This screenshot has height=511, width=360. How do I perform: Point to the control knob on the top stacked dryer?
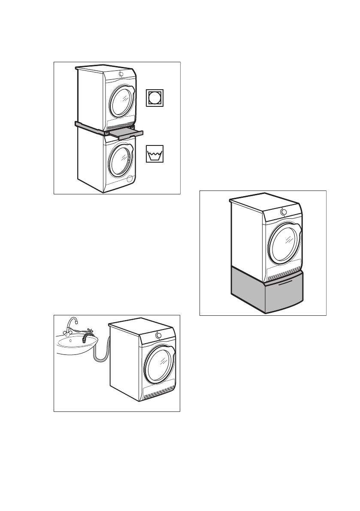click(x=121, y=74)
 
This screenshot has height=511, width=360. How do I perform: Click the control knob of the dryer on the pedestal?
click(x=283, y=212)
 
